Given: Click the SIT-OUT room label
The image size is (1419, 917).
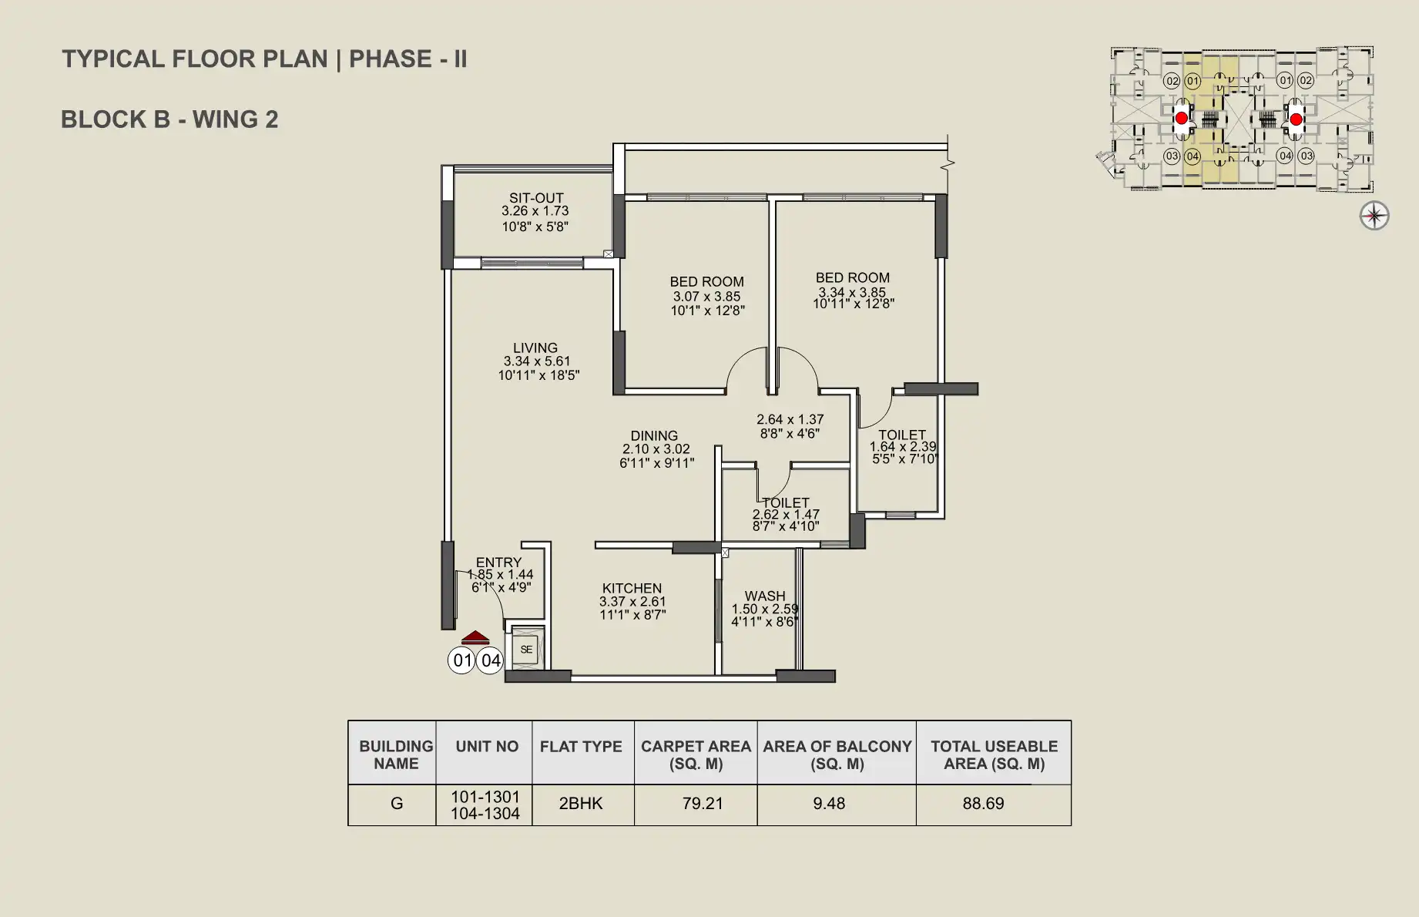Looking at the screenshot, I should pyautogui.click(x=536, y=198).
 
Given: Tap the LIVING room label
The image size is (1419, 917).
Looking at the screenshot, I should pyautogui.click(x=535, y=348).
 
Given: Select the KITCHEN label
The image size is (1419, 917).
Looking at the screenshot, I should pyautogui.click(x=632, y=589).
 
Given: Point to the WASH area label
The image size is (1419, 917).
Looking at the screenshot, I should pyautogui.click(x=765, y=596).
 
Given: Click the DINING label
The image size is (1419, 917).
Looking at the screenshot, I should pyautogui.click(x=654, y=436).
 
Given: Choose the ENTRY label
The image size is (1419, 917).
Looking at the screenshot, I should pyautogui.click(x=498, y=563).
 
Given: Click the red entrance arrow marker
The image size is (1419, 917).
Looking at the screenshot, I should pyautogui.click(x=475, y=638).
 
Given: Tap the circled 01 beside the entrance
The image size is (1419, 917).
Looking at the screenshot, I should pyautogui.click(x=461, y=660).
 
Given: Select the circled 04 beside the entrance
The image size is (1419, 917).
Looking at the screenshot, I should pyautogui.click(x=490, y=660).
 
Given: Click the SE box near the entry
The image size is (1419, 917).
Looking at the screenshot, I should pyautogui.click(x=526, y=650).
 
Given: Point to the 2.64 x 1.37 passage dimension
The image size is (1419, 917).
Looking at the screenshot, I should pyautogui.click(x=790, y=420).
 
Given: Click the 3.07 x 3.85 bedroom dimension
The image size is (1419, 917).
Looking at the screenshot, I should pyautogui.click(x=706, y=297).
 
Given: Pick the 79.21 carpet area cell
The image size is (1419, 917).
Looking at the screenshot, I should pyautogui.click(x=703, y=804).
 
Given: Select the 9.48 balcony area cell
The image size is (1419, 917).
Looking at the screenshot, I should pyautogui.click(x=829, y=804).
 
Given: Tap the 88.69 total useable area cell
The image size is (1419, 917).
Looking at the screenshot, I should pyautogui.click(x=983, y=804).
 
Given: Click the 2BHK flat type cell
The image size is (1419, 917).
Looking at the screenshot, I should pyautogui.click(x=581, y=804).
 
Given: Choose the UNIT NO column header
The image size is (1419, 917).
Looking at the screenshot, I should pyautogui.click(x=487, y=747).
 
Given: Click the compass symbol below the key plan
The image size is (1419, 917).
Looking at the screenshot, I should pyautogui.click(x=1374, y=216).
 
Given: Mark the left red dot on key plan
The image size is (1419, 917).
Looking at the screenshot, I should pyautogui.click(x=1181, y=119).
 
